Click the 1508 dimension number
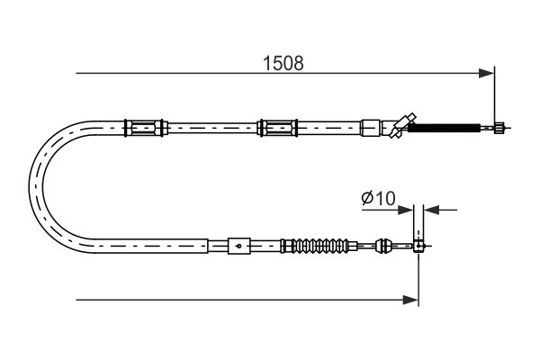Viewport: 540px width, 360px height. pyautogui.click(x=283, y=63)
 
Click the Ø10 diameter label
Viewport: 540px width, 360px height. pyautogui.click(x=379, y=198)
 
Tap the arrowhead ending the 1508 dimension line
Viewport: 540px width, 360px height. pyautogui.click(x=486, y=73)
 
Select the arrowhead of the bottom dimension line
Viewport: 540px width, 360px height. pyautogui.click(x=410, y=300)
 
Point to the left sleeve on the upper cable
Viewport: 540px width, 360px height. pyautogui.click(x=146, y=128)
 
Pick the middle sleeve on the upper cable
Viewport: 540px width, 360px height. pyautogui.click(x=277, y=128)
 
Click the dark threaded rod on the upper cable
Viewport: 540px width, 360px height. pyautogui.click(x=444, y=128)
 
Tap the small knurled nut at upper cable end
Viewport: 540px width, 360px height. pyautogui.click(x=499, y=128)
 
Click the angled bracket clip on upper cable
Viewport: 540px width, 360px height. pyautogui.click(x=402, y=125)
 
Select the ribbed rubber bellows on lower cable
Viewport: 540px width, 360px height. pyautogui.click(x=317, y=246)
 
